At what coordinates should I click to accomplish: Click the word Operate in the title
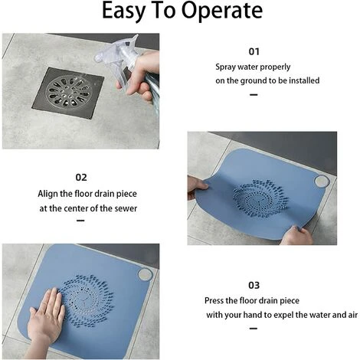(222, 11)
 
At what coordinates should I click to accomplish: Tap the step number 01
(254, 51)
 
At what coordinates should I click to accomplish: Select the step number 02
(81, 178)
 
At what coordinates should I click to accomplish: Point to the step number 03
(254, 285)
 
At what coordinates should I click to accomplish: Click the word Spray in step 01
(225, 67)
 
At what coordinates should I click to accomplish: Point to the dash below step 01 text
(254, 95)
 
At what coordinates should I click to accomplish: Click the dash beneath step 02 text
(80, 221)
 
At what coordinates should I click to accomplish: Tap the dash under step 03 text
(254, 329)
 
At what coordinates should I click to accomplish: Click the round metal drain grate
(68, 91)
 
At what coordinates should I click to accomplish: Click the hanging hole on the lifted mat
(322, 181)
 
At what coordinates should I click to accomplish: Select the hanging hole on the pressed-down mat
(146, 275)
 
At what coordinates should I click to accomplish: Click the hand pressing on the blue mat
(46, 316)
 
